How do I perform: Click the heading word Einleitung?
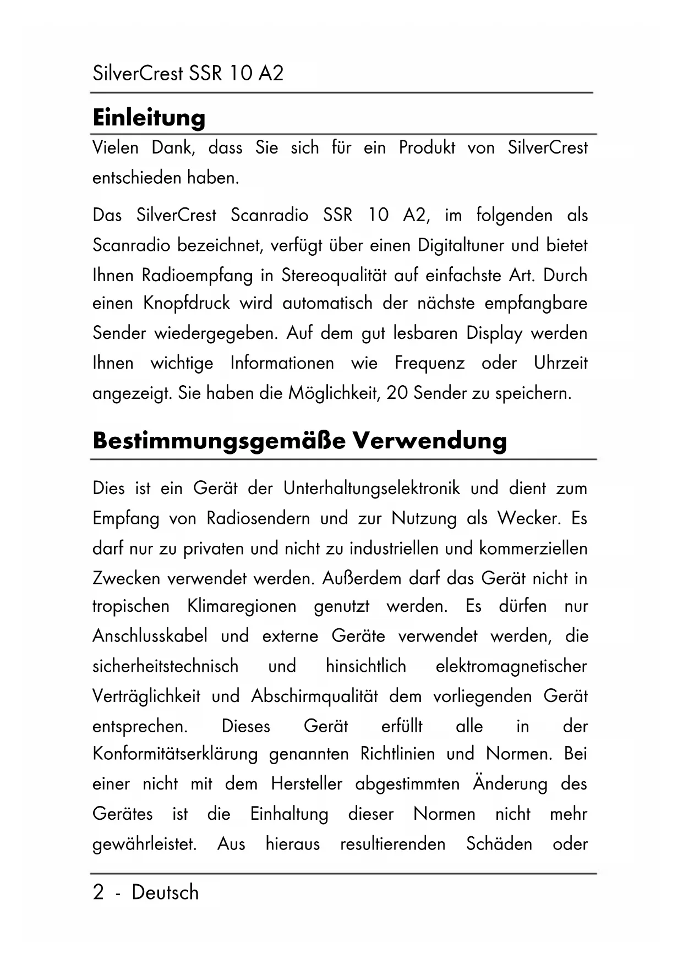149,117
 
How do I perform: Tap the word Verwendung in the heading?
429,441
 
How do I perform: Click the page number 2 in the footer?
98,892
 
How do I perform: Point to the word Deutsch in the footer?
165,892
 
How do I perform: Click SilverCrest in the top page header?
138,73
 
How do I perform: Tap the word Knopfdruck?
187,303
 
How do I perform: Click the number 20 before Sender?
397,393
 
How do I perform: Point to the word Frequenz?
429,363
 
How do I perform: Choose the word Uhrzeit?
560,363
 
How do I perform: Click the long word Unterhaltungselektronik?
371,489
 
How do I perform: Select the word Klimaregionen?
242,606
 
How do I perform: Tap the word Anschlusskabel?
150,637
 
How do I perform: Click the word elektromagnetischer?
511,666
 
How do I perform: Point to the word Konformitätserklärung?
175,754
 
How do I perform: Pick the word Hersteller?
307,783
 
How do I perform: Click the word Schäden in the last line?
499,844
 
